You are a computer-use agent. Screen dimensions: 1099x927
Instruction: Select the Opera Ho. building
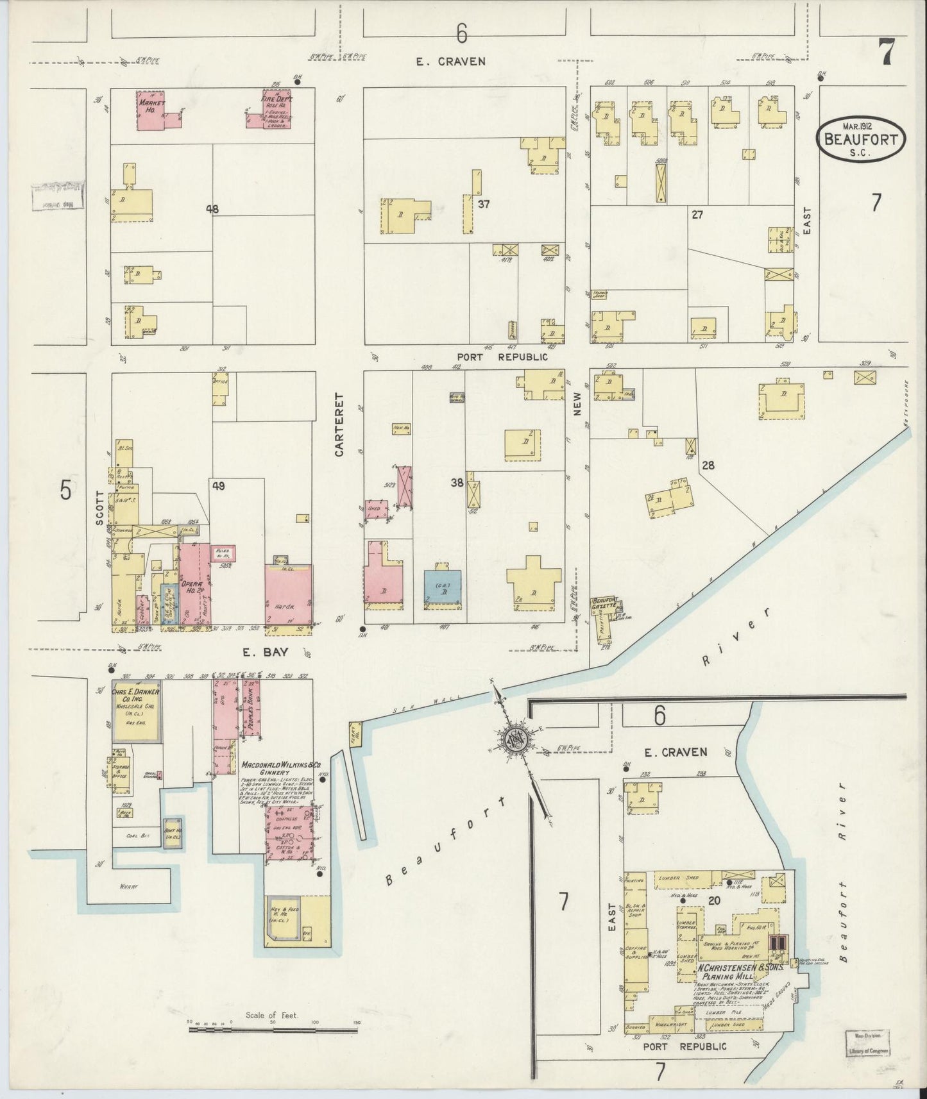coord(192,587)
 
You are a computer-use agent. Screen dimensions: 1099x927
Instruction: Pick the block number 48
coord(212,208)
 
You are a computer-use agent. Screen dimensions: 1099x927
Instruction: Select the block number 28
coord(708,465)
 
